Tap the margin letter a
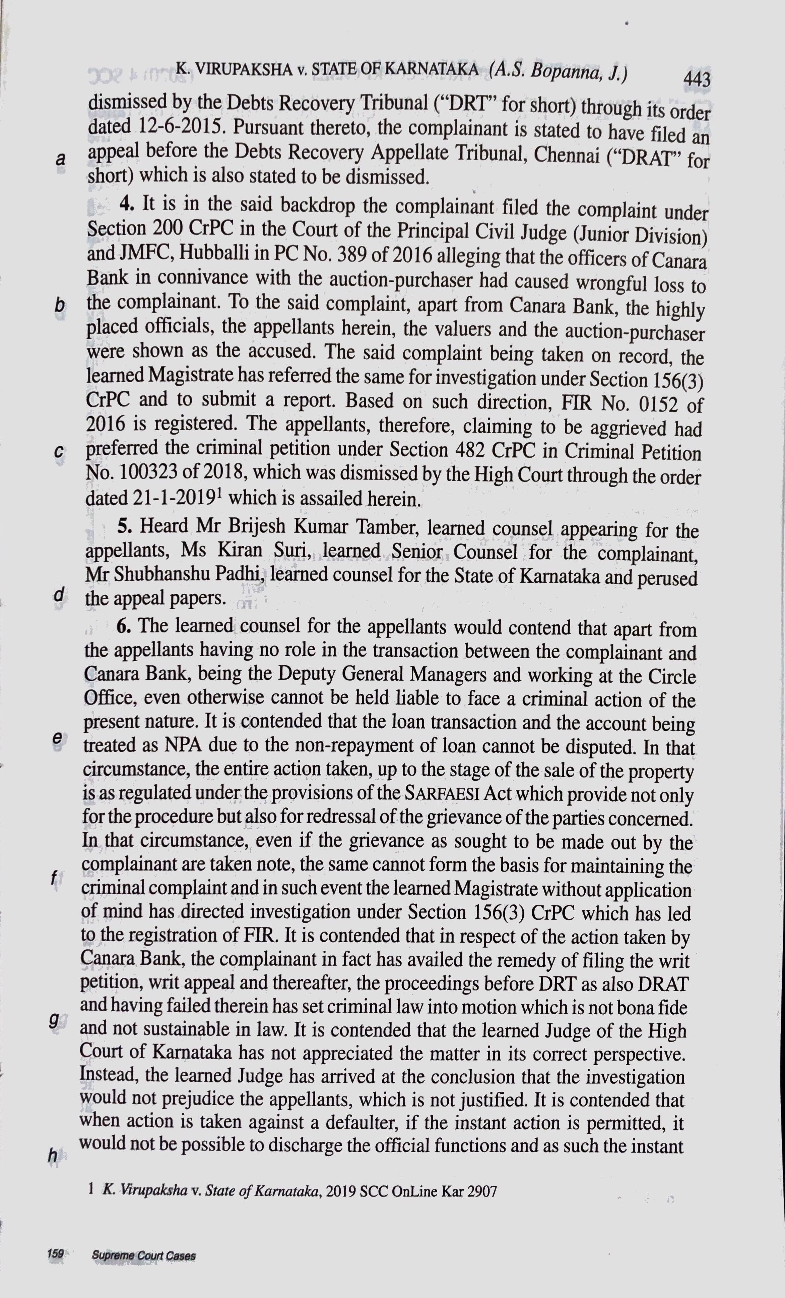61,159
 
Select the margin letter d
59,595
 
